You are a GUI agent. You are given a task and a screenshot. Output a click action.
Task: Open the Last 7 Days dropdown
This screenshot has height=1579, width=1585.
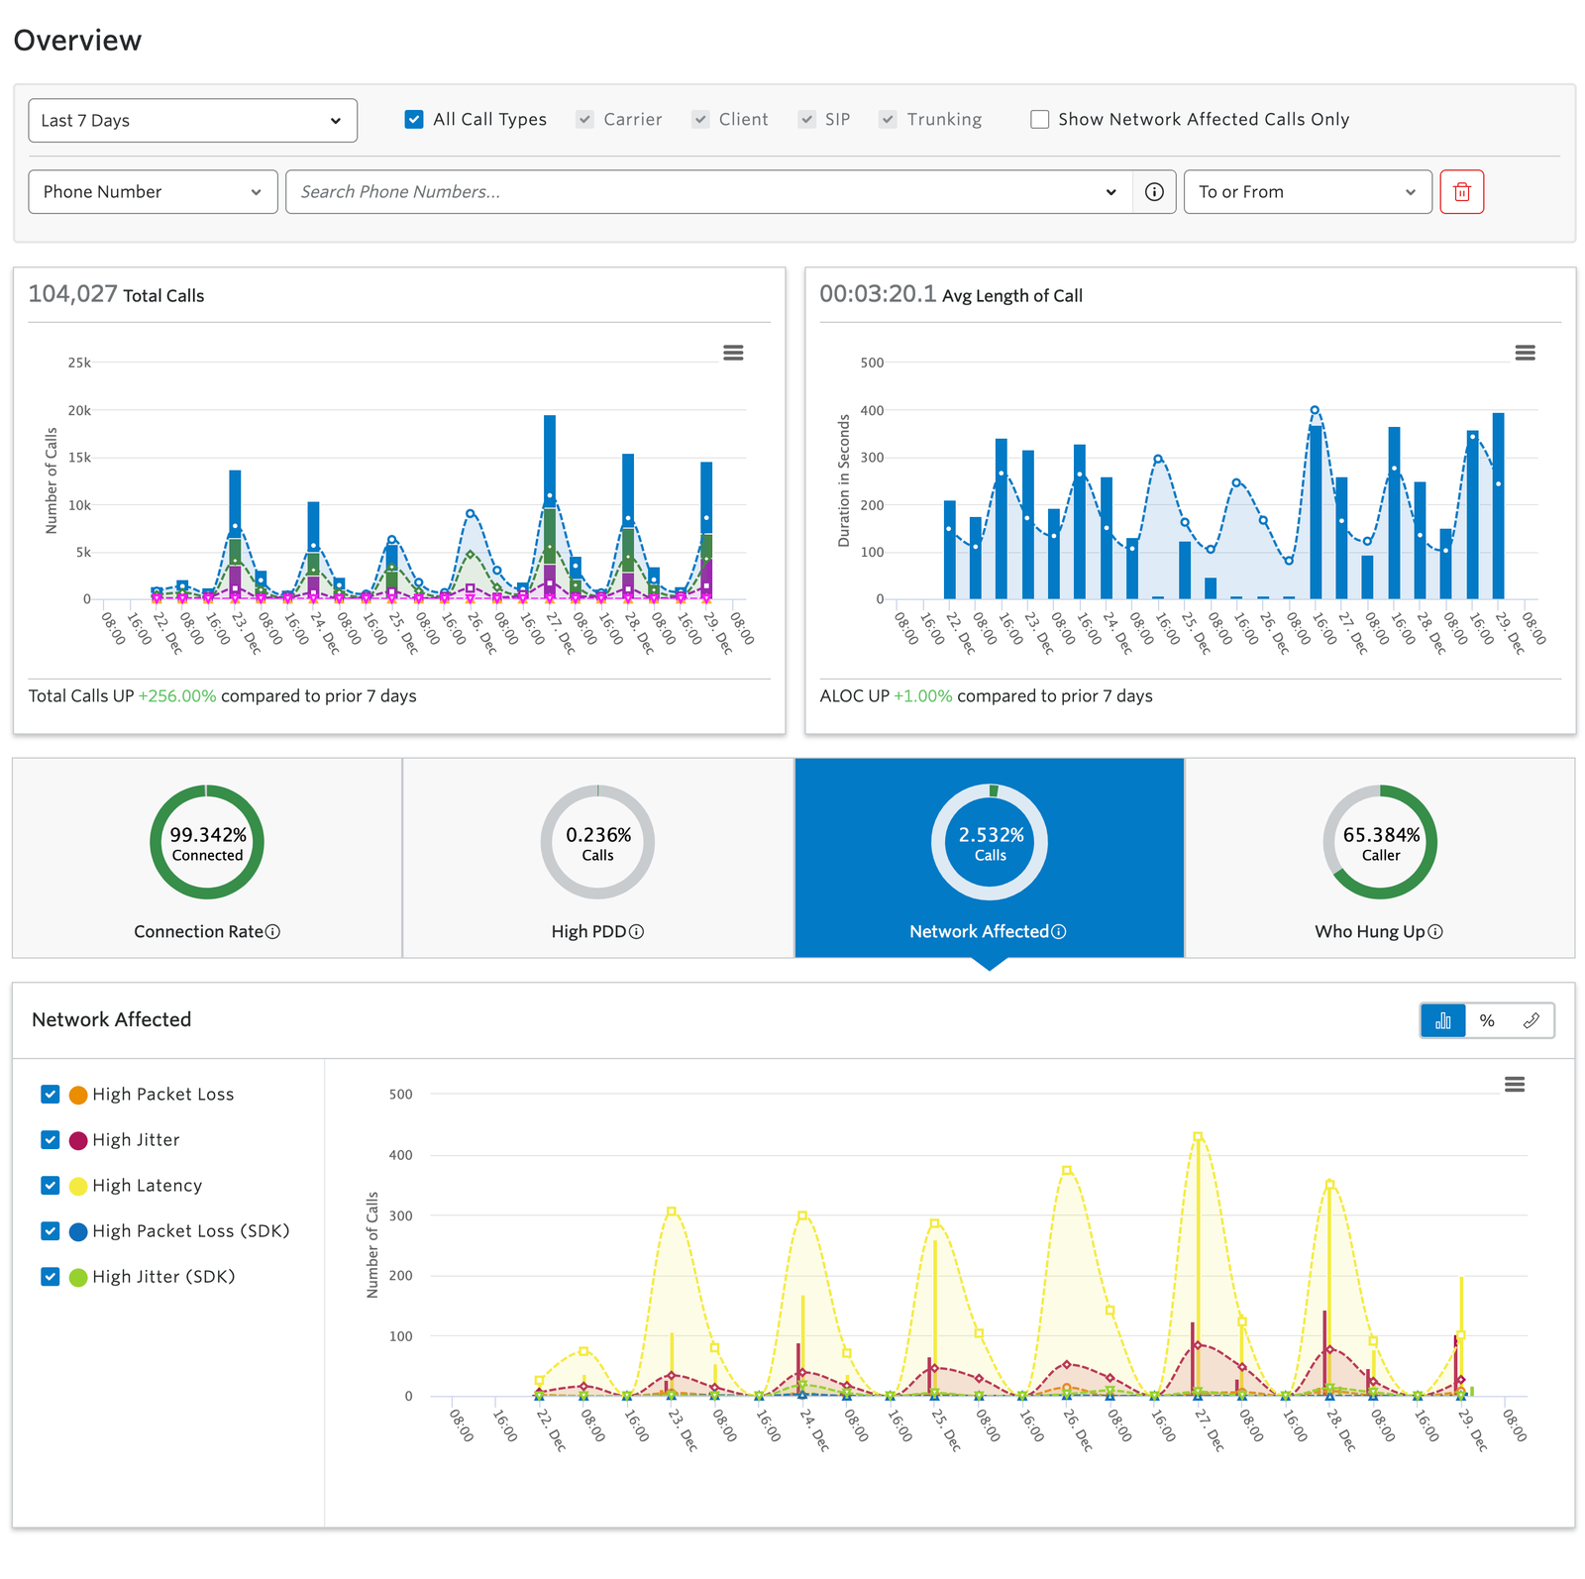[192, 121]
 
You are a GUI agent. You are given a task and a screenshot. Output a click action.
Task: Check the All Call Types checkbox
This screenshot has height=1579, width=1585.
[414, 120]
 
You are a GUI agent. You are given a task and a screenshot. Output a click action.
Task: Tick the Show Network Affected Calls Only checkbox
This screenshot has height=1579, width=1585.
[1039, 120]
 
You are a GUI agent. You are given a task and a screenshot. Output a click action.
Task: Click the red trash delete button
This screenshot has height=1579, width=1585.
[1461, 192]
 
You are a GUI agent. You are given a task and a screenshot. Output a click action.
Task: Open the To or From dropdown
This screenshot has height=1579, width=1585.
[1307, 192]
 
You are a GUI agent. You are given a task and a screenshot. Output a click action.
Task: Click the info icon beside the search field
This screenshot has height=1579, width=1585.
[1154, 192]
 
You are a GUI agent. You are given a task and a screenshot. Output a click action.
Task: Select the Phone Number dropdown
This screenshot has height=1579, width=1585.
[153, 192]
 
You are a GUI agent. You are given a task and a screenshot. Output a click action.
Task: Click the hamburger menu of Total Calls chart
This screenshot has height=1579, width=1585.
[733, 353]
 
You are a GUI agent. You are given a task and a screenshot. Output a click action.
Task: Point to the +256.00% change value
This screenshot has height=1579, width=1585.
[177, 696]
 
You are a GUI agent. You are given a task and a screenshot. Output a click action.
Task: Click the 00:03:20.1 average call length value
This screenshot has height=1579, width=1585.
[877, 294]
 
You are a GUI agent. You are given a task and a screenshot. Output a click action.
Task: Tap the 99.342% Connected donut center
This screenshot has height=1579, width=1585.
[207, 843]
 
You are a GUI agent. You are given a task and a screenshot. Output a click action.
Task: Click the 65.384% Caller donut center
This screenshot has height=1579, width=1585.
[1380, 843]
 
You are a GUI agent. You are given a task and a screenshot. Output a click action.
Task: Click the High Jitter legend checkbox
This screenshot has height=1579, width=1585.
[51, 1140]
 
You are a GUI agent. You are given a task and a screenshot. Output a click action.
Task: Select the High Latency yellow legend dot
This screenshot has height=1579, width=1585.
[78, 1186]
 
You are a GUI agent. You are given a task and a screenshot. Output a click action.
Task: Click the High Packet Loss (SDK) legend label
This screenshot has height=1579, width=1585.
[190, 1231]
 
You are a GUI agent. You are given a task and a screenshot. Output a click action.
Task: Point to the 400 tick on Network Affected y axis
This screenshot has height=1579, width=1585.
[400, 1155]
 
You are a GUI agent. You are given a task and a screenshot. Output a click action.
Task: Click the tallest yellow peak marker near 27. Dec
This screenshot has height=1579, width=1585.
[1198, 1137]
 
